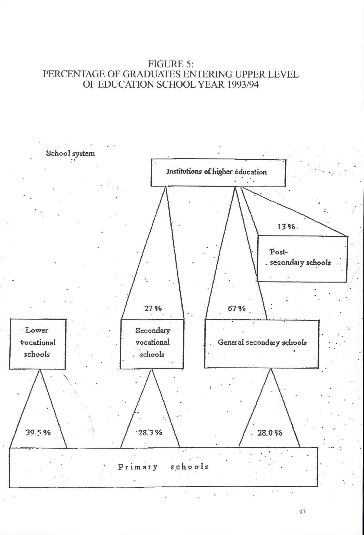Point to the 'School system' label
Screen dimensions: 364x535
70,153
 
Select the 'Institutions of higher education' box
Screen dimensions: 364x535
218,172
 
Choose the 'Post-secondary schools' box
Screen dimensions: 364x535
302,259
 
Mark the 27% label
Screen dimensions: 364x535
153,309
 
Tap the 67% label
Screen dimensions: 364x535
236,309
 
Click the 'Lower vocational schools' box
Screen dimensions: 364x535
38,344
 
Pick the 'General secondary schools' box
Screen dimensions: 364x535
261,344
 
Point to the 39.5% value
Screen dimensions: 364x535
38,433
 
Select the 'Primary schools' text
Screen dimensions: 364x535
163,466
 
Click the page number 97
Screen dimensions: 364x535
302,512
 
